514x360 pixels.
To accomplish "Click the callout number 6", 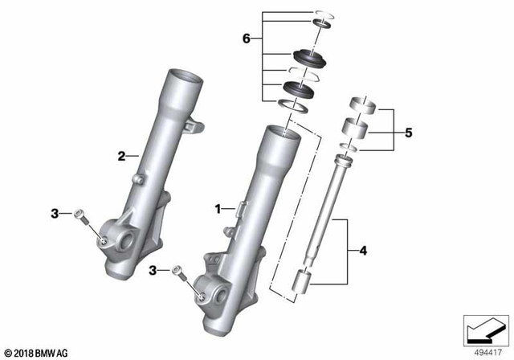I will pyautogui.click(x=247, y=39).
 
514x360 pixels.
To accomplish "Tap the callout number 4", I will pyautogui.click(x=364, y=252).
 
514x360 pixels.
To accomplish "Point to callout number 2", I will pyautogui.click(x=123, y=156).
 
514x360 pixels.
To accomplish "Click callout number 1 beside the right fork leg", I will pyautogui.click(x=216, y=208).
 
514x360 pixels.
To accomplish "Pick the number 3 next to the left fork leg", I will pyautogui.click(x=55, y=213).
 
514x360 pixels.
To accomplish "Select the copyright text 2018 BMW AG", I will pyautogui.click(x=38, y=352).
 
